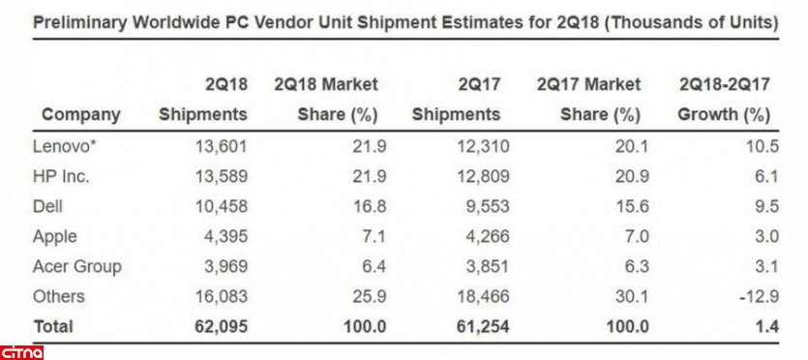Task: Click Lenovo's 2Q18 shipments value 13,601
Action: pyautogui.click(x=222, y=147)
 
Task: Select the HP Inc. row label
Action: pyautogui.click(x=61, y=177)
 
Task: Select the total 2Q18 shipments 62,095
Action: pyautogui.click(x=222, y=326)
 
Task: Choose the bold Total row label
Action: pyautogui.click(x=53, y=326)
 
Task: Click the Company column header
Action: pyautogui.click(x=81, y=115)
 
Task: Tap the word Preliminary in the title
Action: pyautogui.click(x=78, y=23)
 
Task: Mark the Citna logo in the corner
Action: pyautogui.click(x=21, y=353)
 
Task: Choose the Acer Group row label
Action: pyautogui.click(x=76, y=267)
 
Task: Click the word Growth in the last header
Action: pyautogui.click(x=707, y=115)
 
